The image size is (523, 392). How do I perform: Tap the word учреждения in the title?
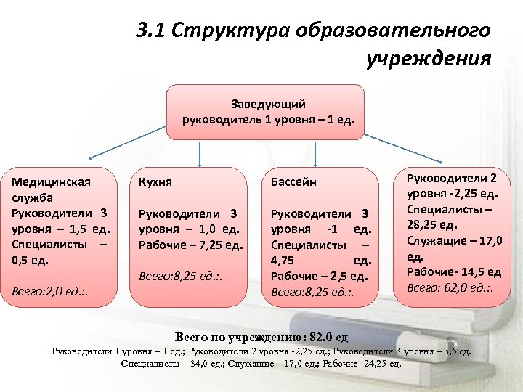click(430, 57)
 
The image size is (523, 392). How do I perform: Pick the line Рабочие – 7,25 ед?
click(190, 245)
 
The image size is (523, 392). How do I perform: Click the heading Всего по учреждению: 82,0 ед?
click(262, 337)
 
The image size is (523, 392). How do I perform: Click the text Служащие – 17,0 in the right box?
click(447, 241)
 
